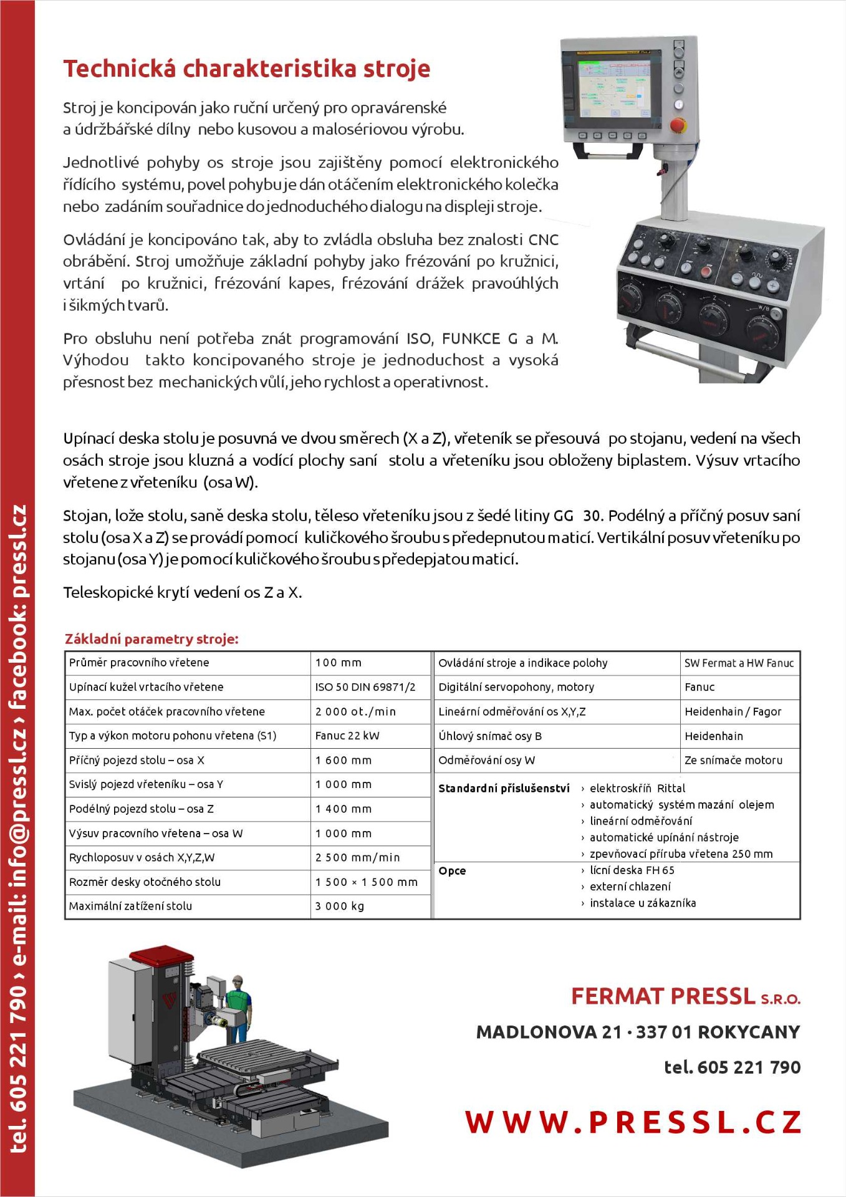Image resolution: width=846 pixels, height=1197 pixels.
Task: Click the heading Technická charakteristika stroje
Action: [246, 69]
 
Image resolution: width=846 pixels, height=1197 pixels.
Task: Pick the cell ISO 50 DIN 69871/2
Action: [365, 687]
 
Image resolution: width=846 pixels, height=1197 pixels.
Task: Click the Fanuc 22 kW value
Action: [347, 736]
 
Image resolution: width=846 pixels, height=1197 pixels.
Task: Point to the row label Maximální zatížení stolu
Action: [130, 906]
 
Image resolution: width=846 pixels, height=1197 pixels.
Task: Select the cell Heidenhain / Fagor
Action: [733, 711]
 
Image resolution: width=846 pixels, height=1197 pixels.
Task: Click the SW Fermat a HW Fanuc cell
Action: [739, 663]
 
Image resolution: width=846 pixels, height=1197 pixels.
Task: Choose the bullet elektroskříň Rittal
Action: [637, 788]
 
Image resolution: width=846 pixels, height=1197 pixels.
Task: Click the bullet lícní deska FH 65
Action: [632, 870]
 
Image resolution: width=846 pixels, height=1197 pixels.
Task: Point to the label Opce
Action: [452, 870]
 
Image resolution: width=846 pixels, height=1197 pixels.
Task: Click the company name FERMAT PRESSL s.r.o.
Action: [685, 996]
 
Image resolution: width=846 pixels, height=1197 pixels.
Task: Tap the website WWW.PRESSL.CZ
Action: [633, 1122]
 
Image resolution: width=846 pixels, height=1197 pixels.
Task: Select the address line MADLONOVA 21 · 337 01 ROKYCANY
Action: [638, 1032]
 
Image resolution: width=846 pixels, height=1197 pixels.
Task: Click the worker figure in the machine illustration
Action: [238, 1004]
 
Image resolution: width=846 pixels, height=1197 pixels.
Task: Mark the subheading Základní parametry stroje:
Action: [151, 639]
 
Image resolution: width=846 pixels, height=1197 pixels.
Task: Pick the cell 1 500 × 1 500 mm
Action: [367, 882]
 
